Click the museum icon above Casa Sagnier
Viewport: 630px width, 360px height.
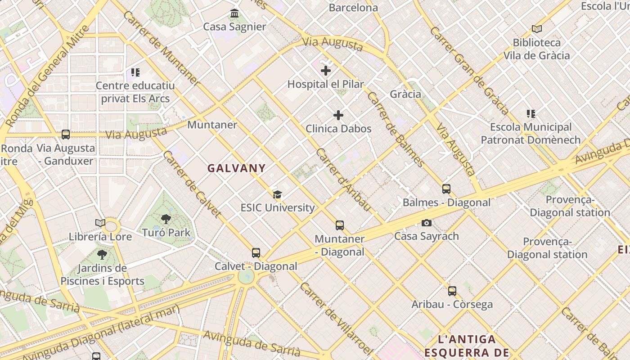click(234, 13)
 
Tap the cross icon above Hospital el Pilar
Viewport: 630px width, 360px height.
click(326, 71)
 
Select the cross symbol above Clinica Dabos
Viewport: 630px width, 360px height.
click(338, 115)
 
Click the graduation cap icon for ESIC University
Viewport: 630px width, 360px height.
click(278, 194)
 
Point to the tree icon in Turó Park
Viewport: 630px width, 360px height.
click(166, 219)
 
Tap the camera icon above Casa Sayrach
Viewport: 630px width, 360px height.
click(426, 223)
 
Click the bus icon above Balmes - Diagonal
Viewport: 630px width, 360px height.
click(446, 189)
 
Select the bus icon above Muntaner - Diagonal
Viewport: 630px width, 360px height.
click(340, 225)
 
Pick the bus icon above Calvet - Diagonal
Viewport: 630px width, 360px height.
click(256, 253)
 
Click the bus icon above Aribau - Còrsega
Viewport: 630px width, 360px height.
click(452, 291)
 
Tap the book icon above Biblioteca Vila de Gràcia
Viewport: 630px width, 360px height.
click(536, 29)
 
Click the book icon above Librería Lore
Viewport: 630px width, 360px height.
click(100, 223)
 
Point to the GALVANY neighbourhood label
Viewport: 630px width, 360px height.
click(236, 168)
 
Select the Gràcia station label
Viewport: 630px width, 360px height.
click(405, 94)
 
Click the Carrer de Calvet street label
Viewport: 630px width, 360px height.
click(192, 184)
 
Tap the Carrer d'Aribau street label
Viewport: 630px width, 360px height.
click(343, 180)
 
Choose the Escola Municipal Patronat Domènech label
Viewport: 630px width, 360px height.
click(531, 134)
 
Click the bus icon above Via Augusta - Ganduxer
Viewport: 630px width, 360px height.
click(66, 134)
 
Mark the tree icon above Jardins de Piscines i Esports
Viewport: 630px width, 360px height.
click(102, 255)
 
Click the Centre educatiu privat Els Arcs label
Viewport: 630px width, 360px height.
click(135, 92)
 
